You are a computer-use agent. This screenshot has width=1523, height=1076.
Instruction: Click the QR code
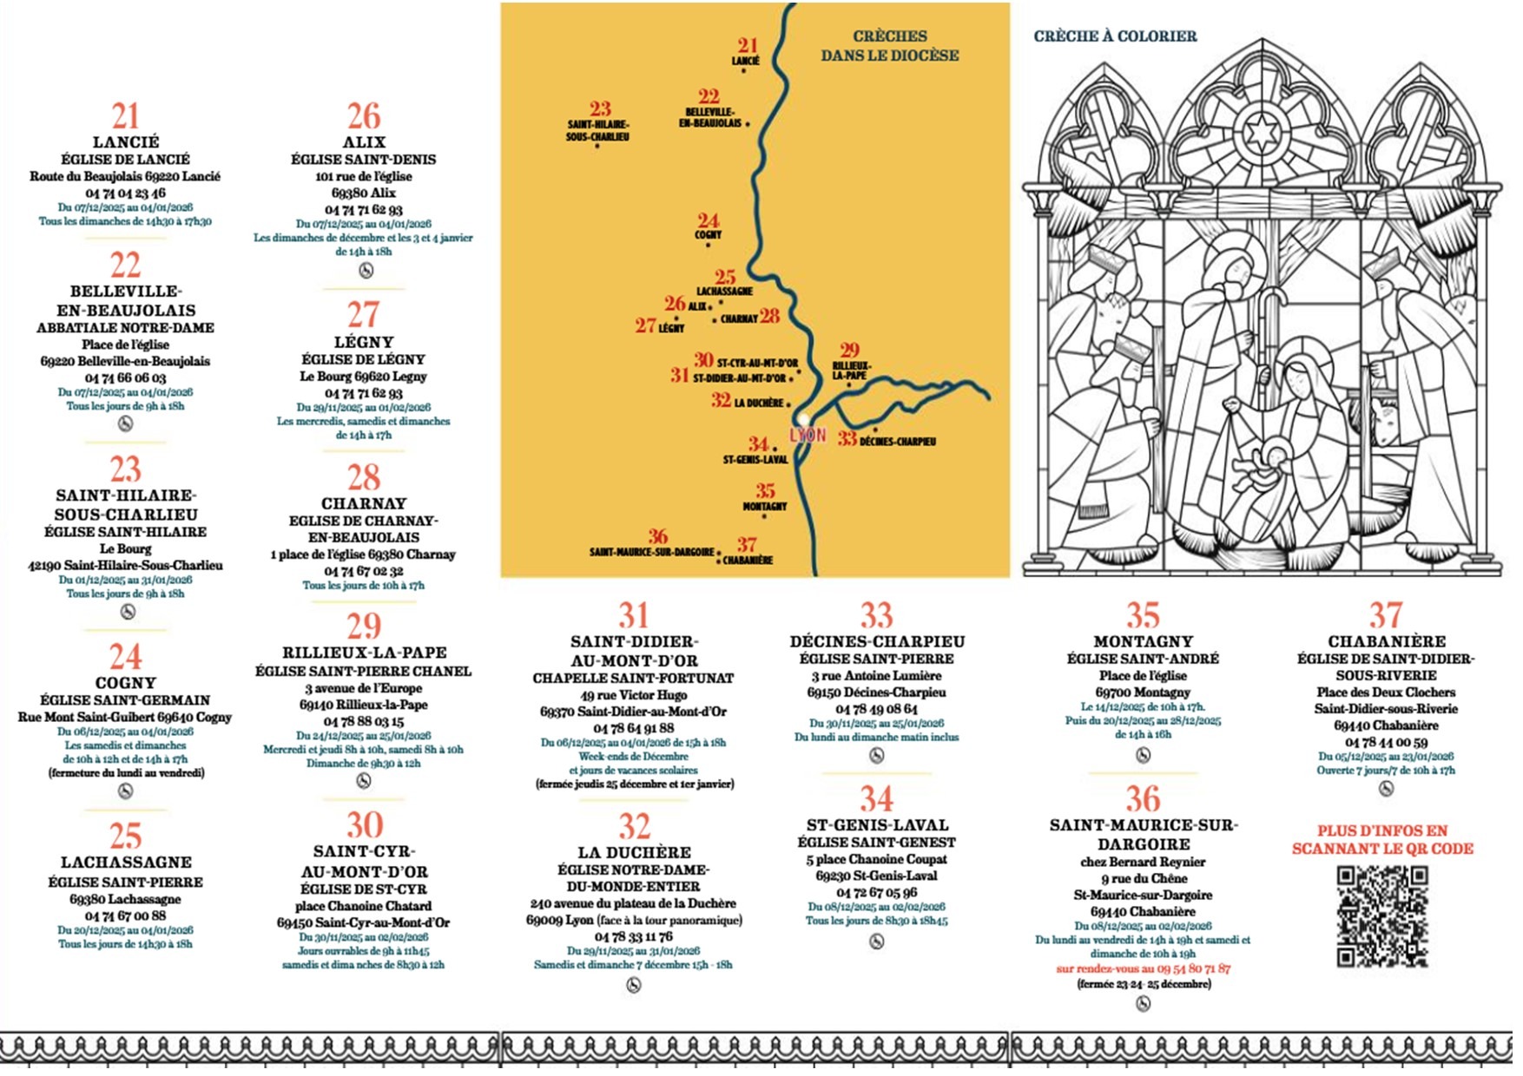(1382, 916)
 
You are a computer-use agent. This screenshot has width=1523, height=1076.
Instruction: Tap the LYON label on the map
(808, 435)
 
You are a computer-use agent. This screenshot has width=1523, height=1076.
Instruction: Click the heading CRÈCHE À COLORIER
(1115, 36)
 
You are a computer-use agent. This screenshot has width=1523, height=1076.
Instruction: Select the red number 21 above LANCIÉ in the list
(125, 116)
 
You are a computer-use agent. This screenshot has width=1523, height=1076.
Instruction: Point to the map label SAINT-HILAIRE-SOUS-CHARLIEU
(597, 130)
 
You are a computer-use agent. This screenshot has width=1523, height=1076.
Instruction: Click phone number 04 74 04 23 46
(125, 193)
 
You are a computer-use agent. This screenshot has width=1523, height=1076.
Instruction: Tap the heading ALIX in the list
(364, 141)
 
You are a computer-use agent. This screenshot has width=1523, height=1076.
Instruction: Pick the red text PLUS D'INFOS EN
(1382, 830)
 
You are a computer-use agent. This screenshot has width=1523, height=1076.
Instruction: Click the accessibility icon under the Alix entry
(366, 271)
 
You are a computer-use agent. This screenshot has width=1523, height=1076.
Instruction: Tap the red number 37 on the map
(746, 544)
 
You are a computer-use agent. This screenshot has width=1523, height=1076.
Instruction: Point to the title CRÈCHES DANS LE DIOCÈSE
(890, 46)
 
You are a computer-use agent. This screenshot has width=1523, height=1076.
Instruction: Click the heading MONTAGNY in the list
(1143, 641)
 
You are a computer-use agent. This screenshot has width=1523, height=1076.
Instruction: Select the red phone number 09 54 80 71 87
(1186, 968)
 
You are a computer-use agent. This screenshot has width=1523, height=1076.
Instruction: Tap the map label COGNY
(708, 234)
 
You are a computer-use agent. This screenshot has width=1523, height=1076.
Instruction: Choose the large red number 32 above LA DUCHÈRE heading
(634, 826)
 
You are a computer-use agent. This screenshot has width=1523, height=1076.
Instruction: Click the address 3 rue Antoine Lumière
(876, 675)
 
